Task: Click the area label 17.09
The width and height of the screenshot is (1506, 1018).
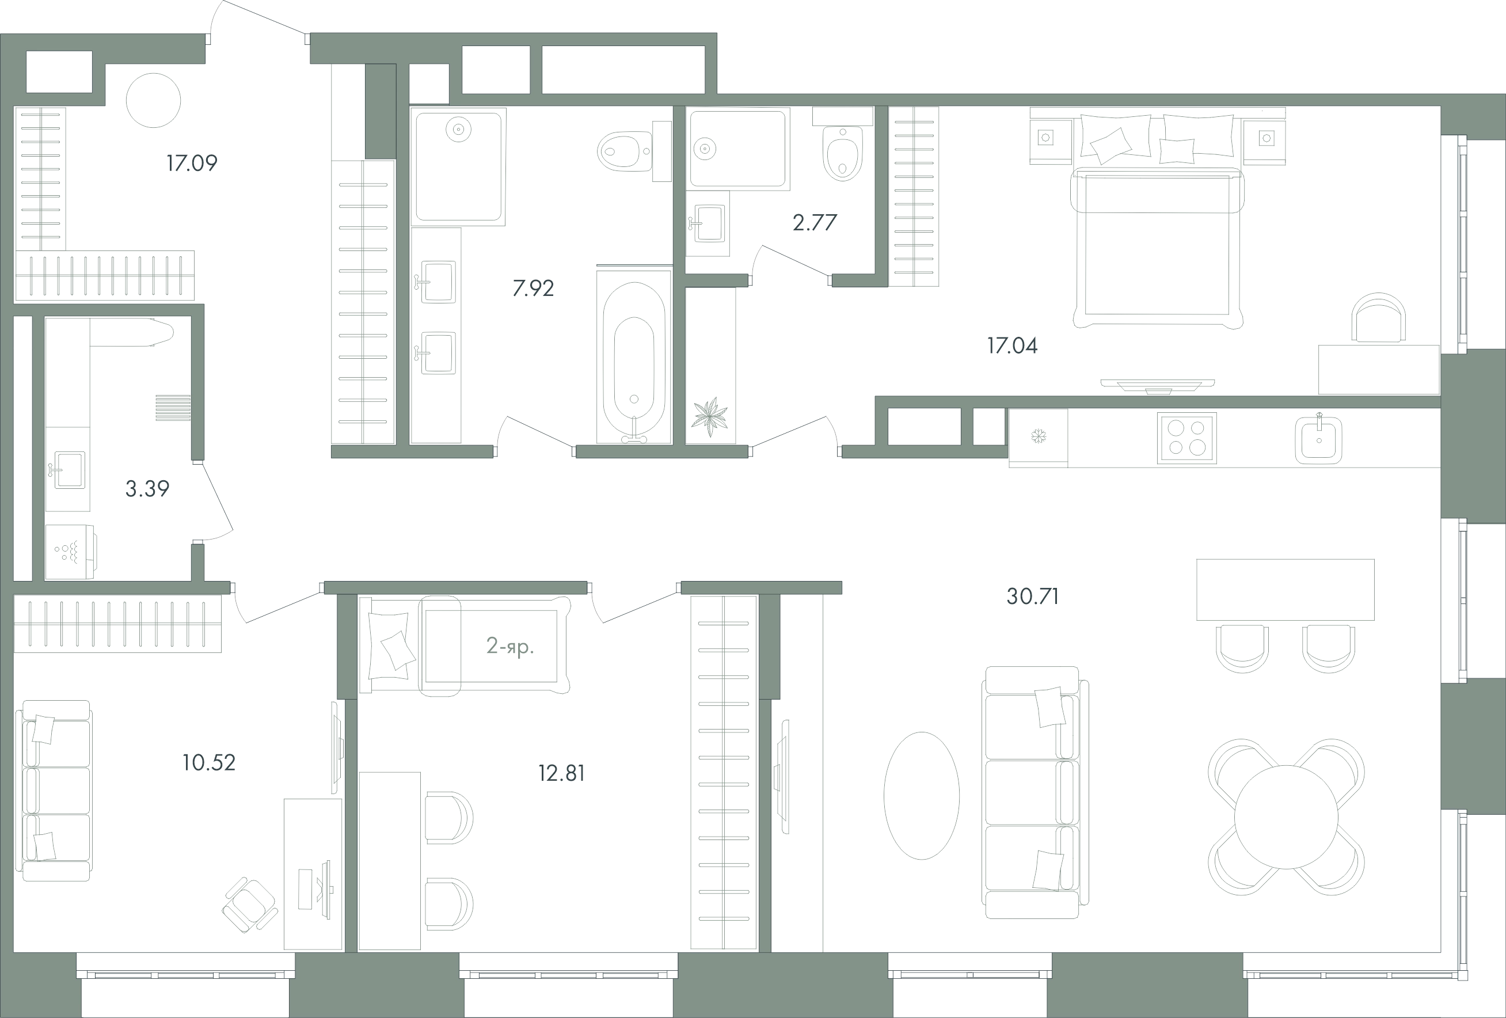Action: (192, 162)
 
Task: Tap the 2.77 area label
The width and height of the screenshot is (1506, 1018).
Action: (815, 222)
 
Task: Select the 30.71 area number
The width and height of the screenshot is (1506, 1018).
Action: (1033, 596)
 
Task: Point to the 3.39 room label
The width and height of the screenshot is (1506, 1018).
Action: (147, 489)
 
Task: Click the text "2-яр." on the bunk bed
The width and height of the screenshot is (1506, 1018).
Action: (510, 646)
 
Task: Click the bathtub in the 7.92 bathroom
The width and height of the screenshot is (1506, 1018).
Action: (634, 357)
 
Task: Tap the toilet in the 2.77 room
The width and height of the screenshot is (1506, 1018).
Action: (842, 153)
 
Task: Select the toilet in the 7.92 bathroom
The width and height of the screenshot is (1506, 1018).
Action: (625, 151)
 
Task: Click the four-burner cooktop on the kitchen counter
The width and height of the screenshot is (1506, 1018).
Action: (1187, 438)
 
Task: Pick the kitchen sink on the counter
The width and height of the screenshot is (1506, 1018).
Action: (1319, 440)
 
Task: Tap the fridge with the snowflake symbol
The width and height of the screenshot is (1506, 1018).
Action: (1038, 438)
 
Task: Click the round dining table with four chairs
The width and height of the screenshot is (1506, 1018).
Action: (1286, 816)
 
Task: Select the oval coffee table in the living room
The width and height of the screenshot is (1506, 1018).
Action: (922, 795)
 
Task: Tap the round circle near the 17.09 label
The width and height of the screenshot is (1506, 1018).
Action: (154, 100)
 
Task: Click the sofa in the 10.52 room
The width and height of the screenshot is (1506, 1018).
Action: (56, 791)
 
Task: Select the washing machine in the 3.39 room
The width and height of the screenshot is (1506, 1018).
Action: (71, 552)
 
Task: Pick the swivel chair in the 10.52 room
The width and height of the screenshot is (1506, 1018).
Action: (250, 905)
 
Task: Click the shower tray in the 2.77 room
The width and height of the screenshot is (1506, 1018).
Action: (739, 149)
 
